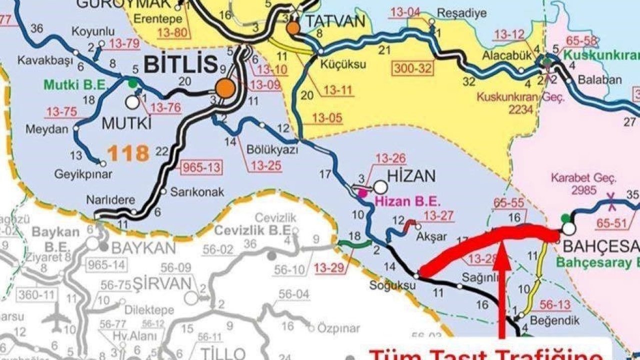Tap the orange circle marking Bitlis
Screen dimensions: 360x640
(225, 88)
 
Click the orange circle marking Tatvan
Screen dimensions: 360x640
(293, 27)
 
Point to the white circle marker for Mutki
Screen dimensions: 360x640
(132, 102)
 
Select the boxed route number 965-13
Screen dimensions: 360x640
(199, 167)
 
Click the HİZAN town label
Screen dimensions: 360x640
(412, 175)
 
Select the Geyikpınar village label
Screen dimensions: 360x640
(83, 174)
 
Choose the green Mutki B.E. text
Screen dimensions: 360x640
(76, 85)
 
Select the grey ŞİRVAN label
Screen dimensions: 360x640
(162, 283)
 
